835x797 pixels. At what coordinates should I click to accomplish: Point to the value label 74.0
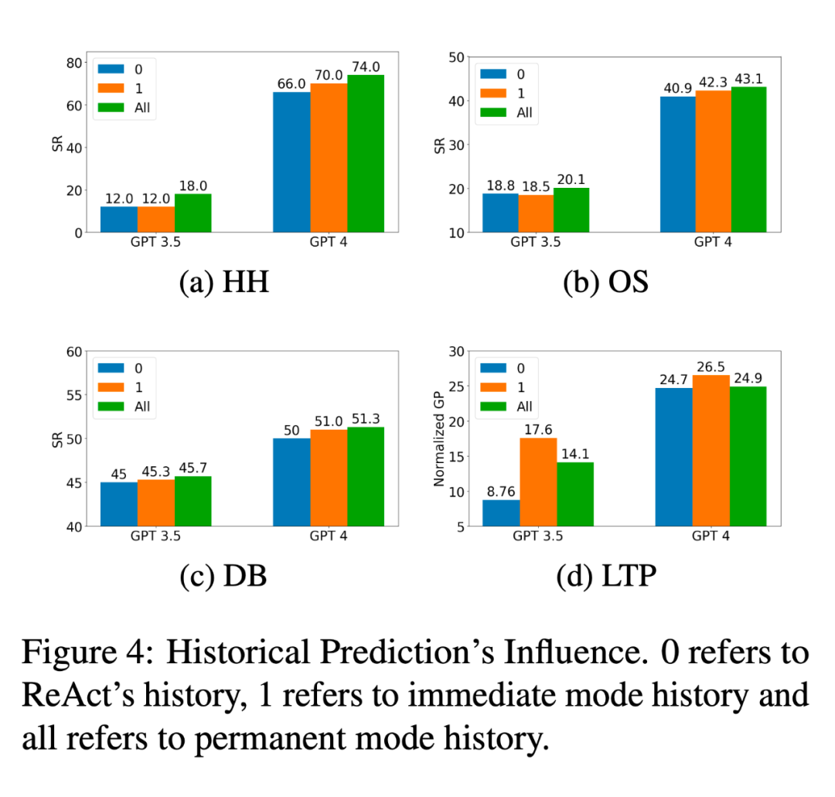pos(366,66)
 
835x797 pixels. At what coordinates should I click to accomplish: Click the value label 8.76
pos(501,491)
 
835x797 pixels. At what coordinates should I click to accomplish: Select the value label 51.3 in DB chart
pos(366,418)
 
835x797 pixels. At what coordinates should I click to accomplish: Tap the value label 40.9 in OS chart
pos(678,87)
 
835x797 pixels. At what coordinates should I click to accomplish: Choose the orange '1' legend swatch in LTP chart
pos(494,387)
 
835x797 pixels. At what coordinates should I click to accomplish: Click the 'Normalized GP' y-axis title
pos(439,439)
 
